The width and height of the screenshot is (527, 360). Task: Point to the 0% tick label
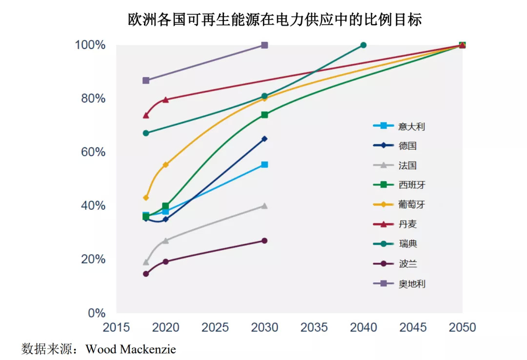[96, 313]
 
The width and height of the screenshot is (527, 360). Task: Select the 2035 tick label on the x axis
[314, 327]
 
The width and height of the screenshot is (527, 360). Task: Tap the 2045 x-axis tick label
[413, 327]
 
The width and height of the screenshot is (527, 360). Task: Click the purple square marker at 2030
[264, 45]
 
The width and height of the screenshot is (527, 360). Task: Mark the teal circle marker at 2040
[364, 45]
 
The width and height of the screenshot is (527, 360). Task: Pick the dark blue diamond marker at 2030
[264, 139]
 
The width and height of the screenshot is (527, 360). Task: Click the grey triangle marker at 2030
[264, 205]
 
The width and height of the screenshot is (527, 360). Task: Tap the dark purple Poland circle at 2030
[264, 240]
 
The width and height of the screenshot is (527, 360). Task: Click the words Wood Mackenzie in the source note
[131, 349]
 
